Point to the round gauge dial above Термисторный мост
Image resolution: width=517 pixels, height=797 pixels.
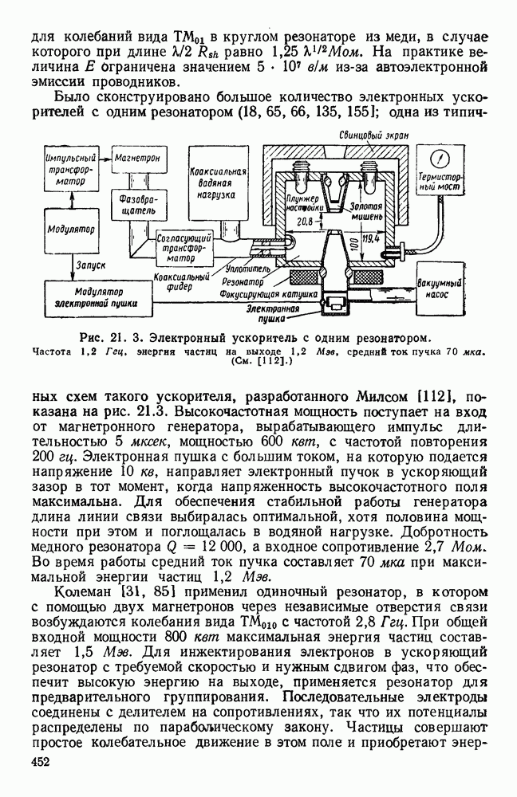pyautogui.click(x=437, y=155)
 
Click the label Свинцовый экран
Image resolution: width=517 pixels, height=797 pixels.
pyautogui.click(x=373, y=136)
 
